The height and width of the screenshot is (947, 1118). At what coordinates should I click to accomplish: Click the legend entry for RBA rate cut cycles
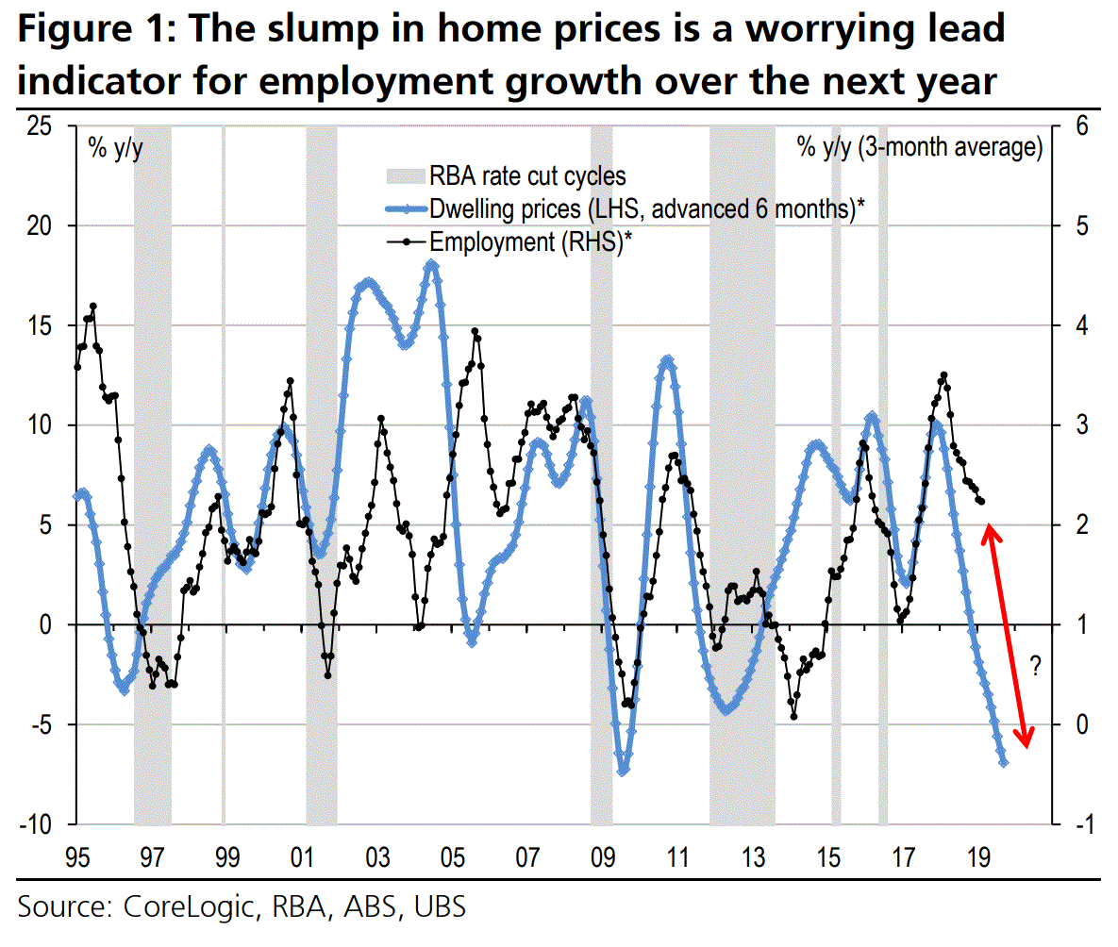[527, 176]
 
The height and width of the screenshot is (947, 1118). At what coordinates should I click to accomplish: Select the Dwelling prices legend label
[647, 209]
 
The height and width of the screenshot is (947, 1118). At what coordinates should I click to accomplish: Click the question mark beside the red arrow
[1035, 671]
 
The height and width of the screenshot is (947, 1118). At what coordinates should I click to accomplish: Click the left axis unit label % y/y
[115, 148]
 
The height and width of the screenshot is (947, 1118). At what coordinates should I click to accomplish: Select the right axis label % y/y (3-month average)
[920, 148]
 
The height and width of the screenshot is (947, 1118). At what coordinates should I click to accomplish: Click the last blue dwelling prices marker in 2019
[1003, 762]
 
